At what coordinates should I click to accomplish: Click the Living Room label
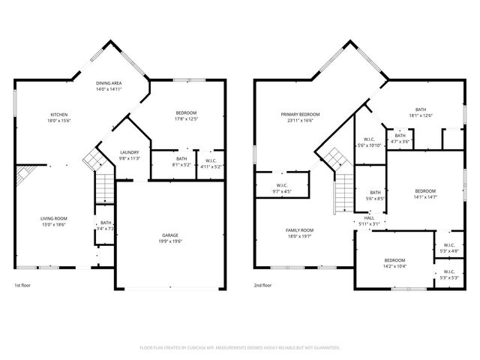coord(53,220)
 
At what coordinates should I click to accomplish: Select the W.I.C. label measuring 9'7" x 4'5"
coord(282,187)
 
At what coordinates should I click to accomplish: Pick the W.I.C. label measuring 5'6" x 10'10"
coord(369,141)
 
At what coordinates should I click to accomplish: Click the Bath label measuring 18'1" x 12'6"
coord(420,112)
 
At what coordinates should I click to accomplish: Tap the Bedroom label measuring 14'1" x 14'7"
coord(425,193)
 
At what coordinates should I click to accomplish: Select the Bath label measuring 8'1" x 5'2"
coord(181,161)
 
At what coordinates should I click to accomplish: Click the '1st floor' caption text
coord(22,286)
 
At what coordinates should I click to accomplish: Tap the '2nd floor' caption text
coord(262,286)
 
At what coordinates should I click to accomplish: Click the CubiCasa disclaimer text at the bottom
coord(240,348)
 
